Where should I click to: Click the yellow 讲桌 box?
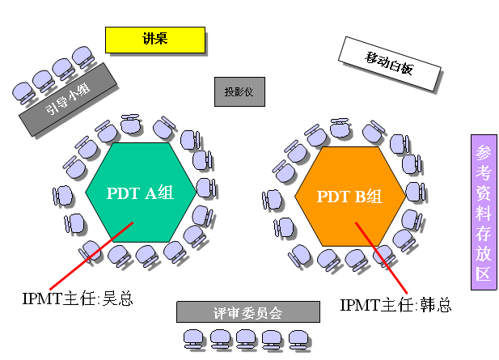click(x=154, y=39)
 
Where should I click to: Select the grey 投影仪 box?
click(x=239, y=92)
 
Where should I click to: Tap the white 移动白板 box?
click(x=389, y=64)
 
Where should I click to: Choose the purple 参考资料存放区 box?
click(x=482, y=211)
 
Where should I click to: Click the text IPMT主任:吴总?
click(x=78, y=299)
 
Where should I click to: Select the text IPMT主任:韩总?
click(x=395, y=305)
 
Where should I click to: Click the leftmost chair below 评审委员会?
click(x=194, y=338)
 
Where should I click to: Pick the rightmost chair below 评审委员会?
click(x=299, y=338)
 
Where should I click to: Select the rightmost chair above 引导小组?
click(x=82, y=55)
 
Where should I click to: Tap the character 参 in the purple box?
click(x=482, y=153)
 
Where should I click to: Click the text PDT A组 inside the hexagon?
click(x=140, y=193)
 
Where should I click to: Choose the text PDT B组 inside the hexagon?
click(x=349, y=196)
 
